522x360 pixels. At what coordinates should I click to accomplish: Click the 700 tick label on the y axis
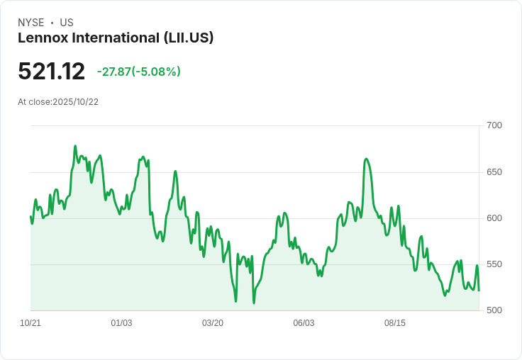(494, 125)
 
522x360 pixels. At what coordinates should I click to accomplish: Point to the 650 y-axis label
(494, 172)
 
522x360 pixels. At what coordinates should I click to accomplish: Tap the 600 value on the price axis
(494, 218)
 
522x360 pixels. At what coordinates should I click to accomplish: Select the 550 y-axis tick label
(494, 264)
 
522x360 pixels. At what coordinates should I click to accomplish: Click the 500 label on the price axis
(494, 310)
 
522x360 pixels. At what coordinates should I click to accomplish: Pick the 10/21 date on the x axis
(30, 323)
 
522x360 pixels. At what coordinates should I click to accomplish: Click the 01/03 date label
(121, 323)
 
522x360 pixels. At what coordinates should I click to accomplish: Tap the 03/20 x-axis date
(213, 323)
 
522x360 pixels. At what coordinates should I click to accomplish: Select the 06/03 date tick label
(304, 323)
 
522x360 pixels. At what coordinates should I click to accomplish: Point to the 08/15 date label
(395, 323)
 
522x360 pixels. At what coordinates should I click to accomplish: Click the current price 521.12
(51, 71)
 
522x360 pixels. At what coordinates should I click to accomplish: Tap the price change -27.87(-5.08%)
(139, 72)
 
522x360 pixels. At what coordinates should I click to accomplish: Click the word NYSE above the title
(31, 23)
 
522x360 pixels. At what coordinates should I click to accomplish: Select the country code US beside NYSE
(67, 23)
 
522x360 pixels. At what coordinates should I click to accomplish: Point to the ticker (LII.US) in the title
(189, 38)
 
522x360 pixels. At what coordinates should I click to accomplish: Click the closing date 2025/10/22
(76, 102)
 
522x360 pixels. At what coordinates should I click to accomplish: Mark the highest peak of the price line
(75, 146)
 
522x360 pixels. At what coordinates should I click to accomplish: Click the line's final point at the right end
(479, 291)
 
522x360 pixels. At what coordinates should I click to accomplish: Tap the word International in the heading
(116, 38)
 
